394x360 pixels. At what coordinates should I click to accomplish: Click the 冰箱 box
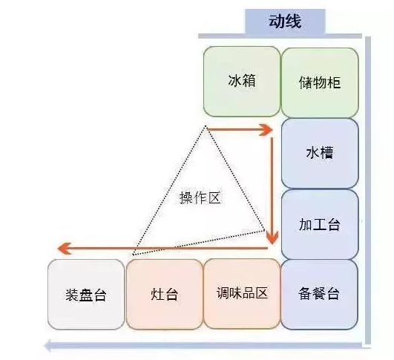click(x=241, y=82)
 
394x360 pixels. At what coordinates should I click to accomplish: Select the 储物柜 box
click(x=320, y=82)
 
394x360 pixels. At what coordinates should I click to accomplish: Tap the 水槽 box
click(x=320, y=153)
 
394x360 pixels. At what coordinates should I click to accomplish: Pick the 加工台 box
click(x=320, y=224)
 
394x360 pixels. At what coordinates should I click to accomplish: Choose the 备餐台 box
click(x=319, y=294)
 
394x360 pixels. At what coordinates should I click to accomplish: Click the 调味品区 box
click(x=242, y=294)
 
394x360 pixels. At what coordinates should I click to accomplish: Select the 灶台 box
click(x=164, y=294)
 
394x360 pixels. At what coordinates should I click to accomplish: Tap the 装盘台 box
click(x=86, y=295)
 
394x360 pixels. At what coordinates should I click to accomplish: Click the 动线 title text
click(x=285, y=21)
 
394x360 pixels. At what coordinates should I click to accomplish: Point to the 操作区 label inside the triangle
click(x=200, y=197)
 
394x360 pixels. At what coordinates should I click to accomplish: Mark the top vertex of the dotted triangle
click(x=206, y=125)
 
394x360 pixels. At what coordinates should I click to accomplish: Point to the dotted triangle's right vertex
click(x=264, y=229)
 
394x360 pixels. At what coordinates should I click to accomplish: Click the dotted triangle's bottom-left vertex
click(x=133, y=255)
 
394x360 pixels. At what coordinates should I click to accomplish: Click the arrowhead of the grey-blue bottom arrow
click(x=47, y=346)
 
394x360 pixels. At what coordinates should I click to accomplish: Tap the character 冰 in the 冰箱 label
click(x=234, y=81)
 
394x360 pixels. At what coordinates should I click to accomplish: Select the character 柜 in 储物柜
click(x=334, y=82)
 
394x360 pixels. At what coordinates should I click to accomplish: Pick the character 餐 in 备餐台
click(x=319, y=293)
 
